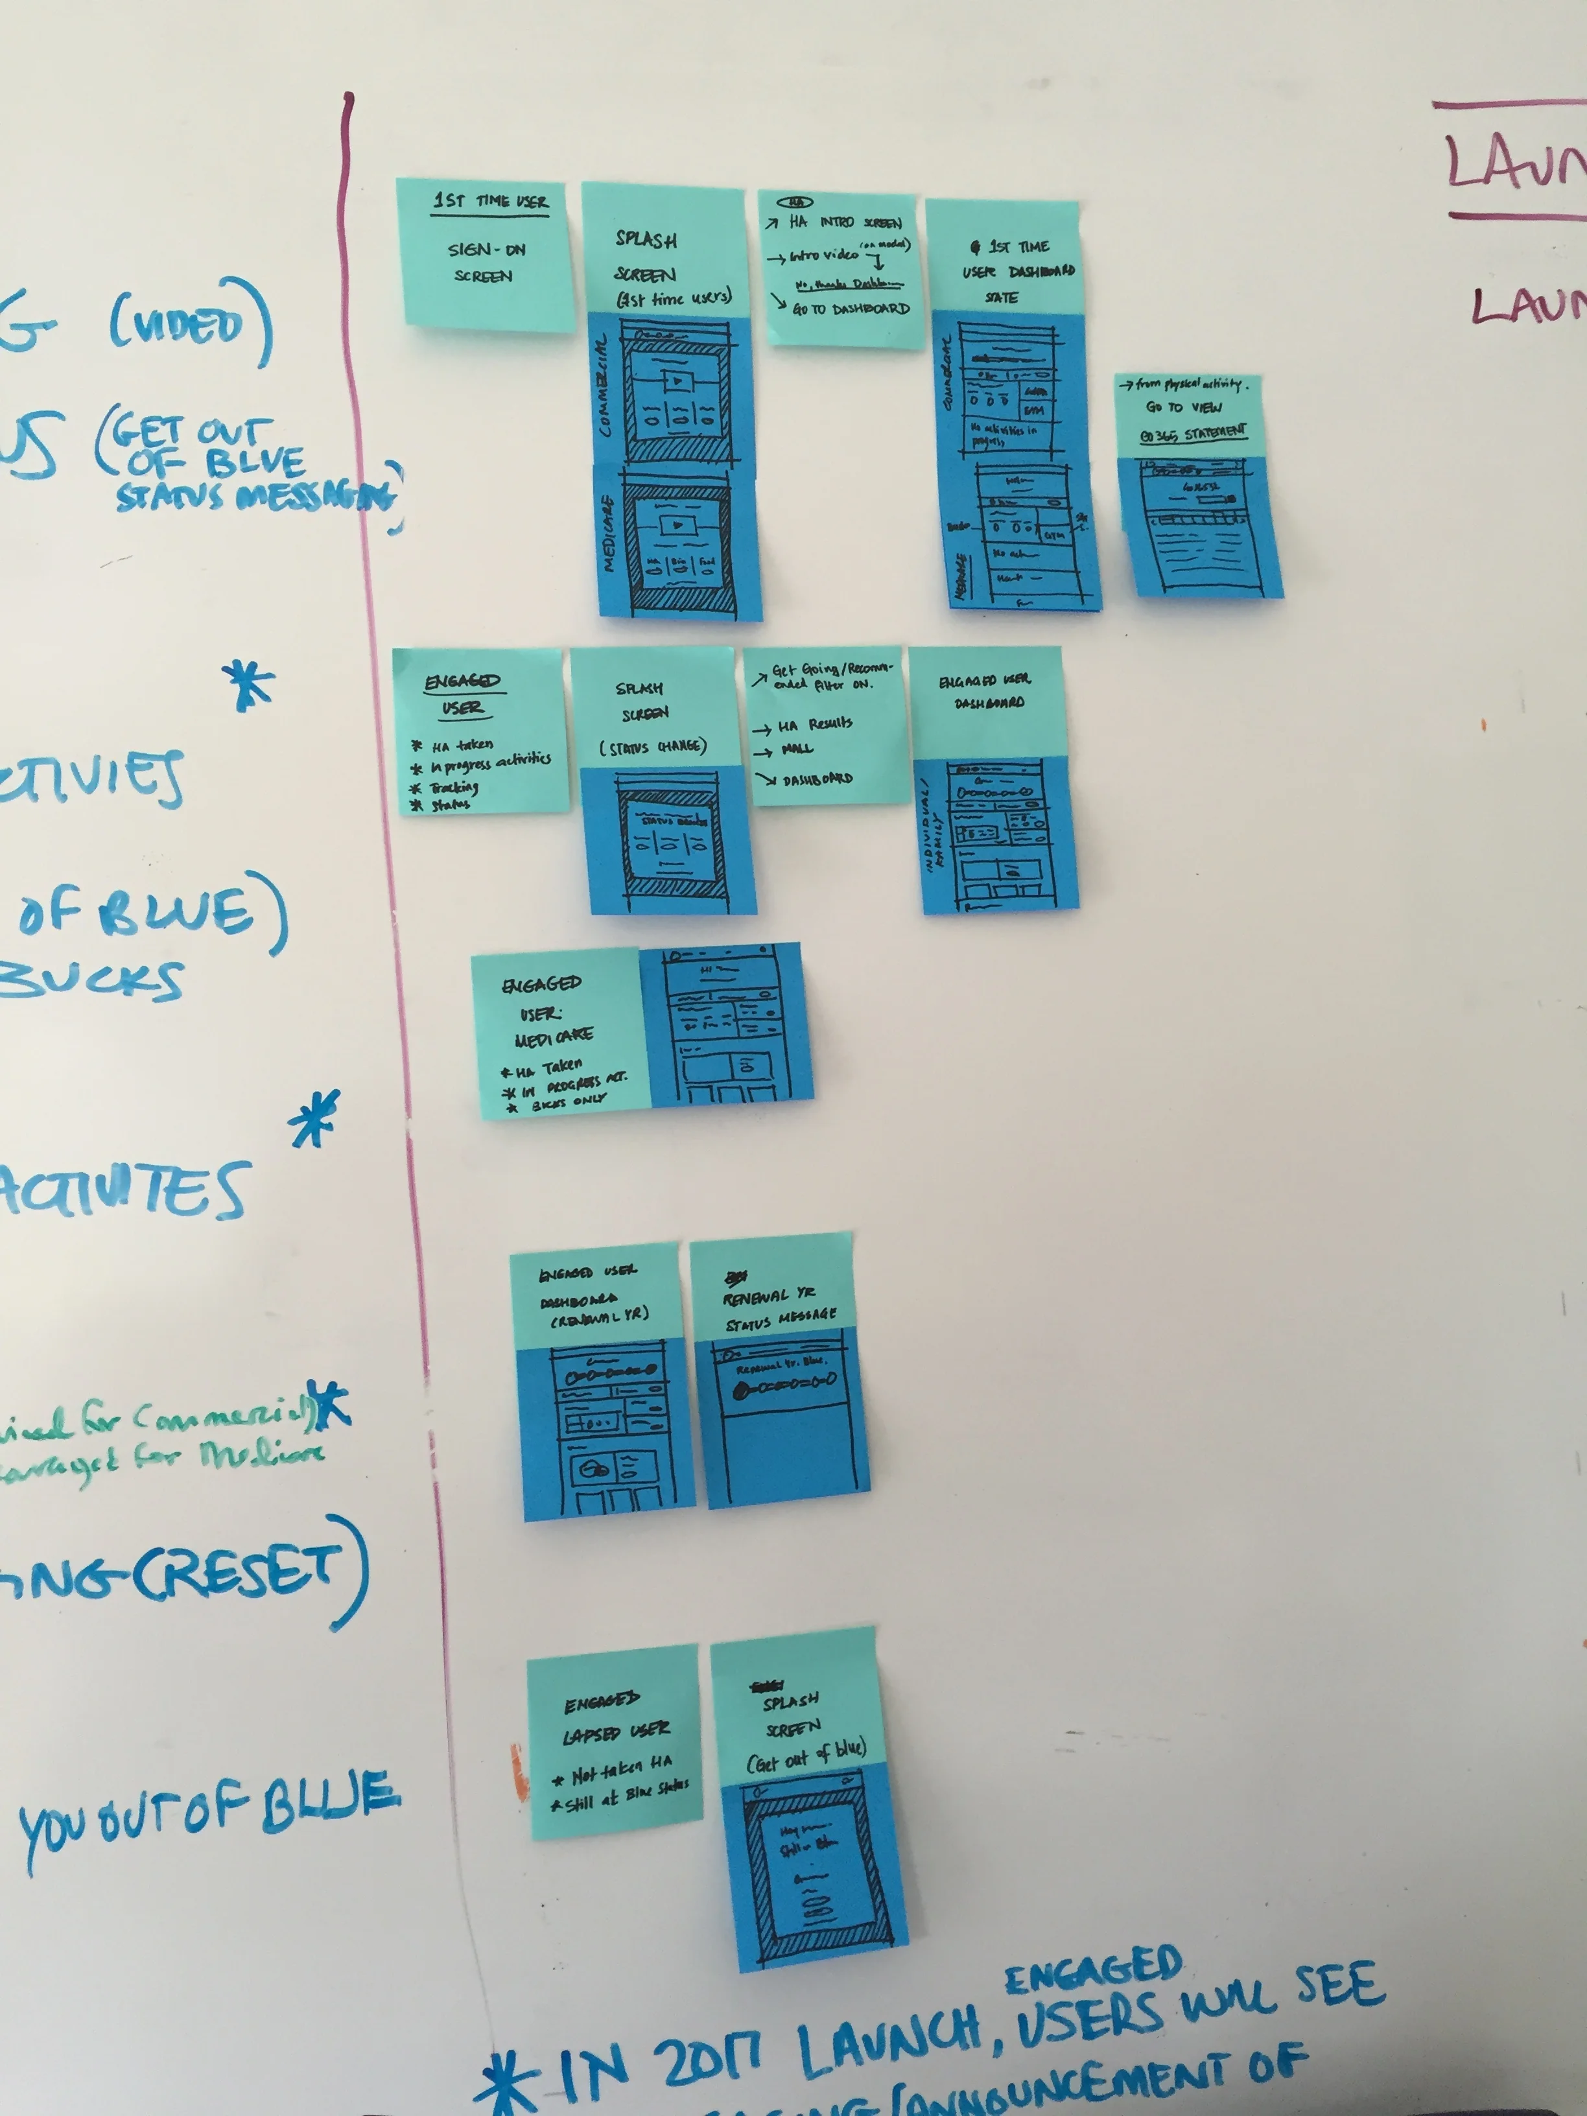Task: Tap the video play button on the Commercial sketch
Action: point(677,382)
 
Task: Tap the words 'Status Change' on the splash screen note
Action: point(653,747)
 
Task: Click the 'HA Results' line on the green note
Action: point(814,724)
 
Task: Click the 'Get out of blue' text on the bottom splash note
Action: point(806,1756)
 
